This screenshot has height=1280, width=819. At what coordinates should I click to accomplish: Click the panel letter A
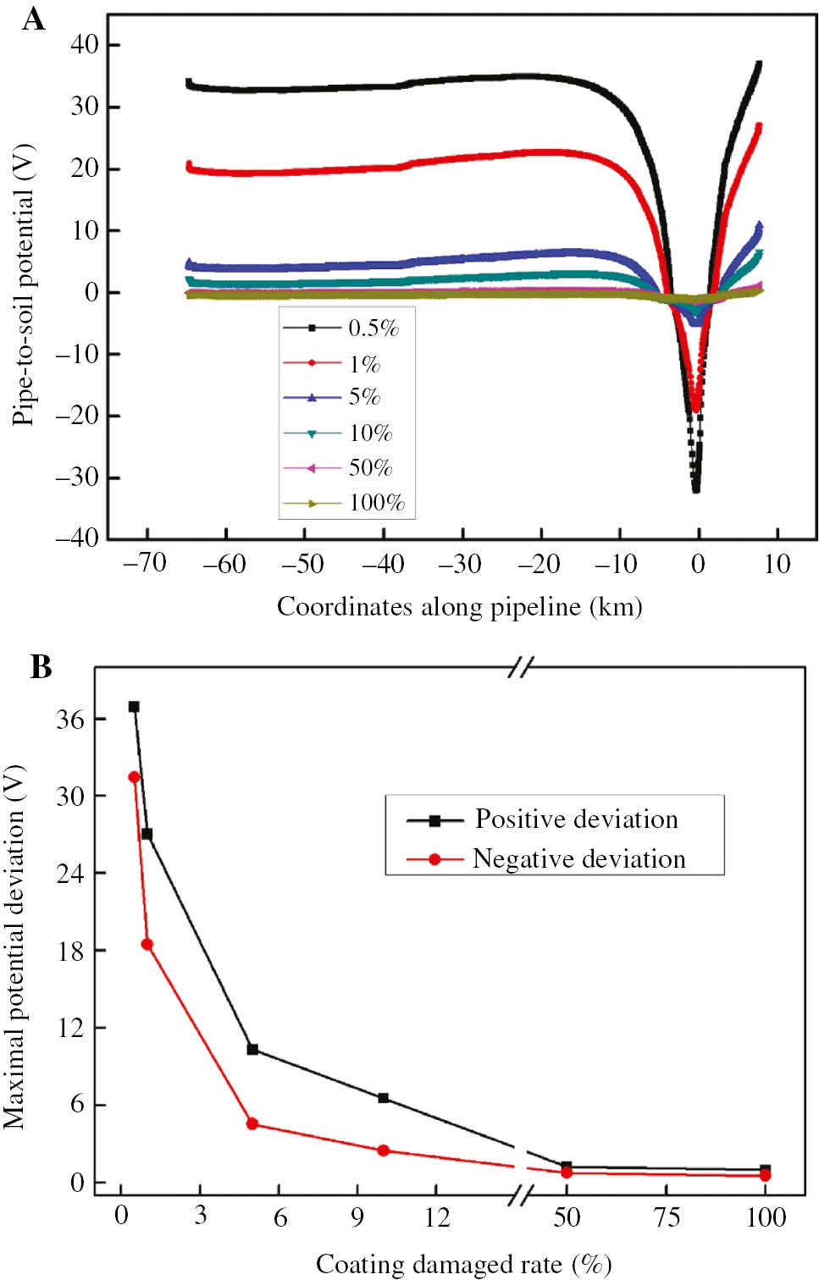click(33, 19)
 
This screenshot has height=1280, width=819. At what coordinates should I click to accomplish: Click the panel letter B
click(41, 667)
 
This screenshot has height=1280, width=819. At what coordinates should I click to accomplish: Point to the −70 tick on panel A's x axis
click(145, 564)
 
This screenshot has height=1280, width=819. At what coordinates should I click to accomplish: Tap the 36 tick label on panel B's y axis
click(70, 719)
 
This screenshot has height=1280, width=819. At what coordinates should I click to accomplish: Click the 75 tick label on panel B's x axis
click(667, 1217)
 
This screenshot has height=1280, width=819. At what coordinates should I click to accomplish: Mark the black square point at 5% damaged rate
click(252, 1049)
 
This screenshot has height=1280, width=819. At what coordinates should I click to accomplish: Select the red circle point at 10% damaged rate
click(383, 1150)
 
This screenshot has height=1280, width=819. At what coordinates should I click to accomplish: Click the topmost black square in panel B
click(134, 707)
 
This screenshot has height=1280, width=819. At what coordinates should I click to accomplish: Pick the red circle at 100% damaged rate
click(765, 1175)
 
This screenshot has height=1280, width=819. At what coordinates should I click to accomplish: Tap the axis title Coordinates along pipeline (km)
click(459, 607)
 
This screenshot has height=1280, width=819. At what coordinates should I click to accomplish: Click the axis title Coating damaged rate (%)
click(463, 1264)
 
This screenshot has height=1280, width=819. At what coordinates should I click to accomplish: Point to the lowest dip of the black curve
click(696, 488)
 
